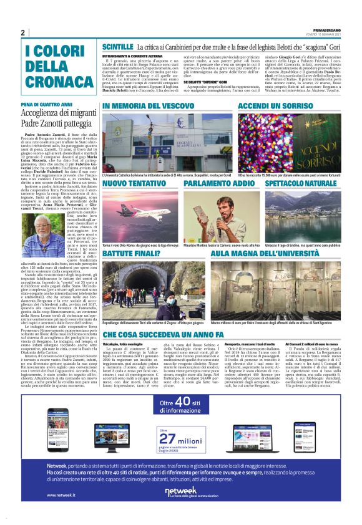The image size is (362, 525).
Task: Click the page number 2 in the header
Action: pyautogui.click(x=23, y=32)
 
